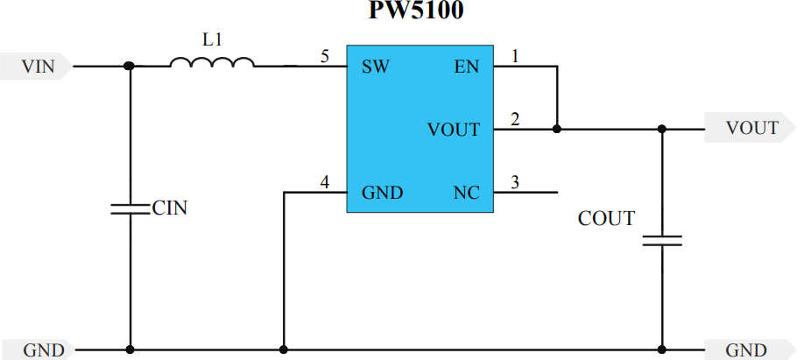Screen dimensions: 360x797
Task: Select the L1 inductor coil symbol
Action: (x=212, y=62)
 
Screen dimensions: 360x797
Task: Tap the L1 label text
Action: (x=212, y=39)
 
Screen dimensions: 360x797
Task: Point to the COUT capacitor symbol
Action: (x=662, y=240)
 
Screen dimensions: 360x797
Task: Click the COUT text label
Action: (x=606, y=218)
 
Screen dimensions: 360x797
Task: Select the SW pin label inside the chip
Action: (x=376, y=67)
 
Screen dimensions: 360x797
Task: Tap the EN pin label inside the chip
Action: (x=467, y=67)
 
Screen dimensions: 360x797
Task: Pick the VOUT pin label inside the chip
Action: (x=454, y=130)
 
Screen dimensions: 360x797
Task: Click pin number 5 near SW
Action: (x=324, y=57)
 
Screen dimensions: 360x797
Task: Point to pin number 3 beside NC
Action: (x=514, y=182)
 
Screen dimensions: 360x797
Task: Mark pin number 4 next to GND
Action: (x=324, y=182)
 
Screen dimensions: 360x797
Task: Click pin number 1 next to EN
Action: (x=514, y=57)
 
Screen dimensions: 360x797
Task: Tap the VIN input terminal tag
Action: (x=37, y=67)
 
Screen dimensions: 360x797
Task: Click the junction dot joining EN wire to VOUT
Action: (x=557, y=129)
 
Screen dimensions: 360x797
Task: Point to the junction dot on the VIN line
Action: (x=130, y=66)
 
